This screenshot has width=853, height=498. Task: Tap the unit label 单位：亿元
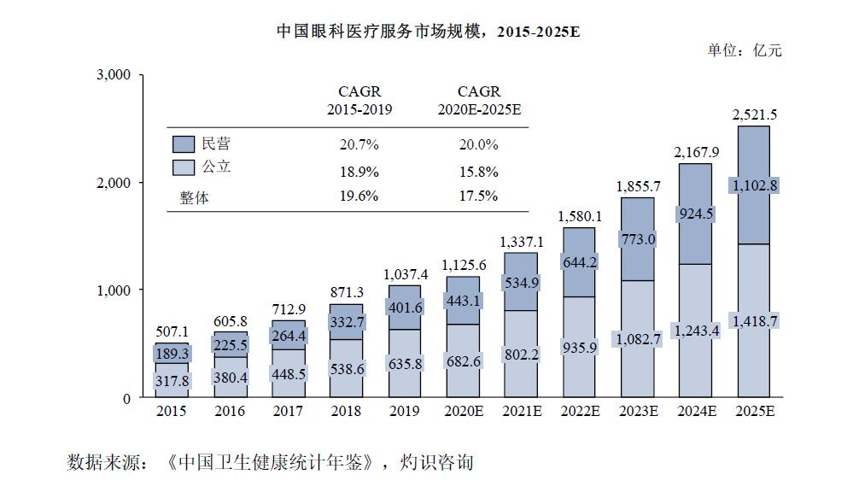click(744, 50)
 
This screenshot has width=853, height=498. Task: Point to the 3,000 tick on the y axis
click(113, 75)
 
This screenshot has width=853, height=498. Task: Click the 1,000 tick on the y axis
click(113, 290)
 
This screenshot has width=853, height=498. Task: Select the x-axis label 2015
click(172, 412)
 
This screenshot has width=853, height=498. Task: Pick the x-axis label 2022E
click(580, 412)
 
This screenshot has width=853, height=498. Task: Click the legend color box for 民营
click(184, 144)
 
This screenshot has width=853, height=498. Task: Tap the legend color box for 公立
click(184, 167)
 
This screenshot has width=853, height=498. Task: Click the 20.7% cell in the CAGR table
click(359, 144)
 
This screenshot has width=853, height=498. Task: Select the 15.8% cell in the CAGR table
click(478, 171)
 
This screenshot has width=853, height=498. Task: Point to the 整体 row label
click(194, 196)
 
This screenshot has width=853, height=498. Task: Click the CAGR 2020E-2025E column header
click(479, 101)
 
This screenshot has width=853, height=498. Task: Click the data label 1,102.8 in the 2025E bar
click(755, 185)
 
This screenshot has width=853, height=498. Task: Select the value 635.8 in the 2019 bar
click(405, 363)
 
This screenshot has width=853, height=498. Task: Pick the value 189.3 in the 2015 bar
click(172, 353)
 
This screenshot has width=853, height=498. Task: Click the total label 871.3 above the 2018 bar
click(347, 292)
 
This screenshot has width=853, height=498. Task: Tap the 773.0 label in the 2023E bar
click(638, 239)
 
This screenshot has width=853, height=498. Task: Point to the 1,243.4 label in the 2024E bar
click(697, 330)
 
